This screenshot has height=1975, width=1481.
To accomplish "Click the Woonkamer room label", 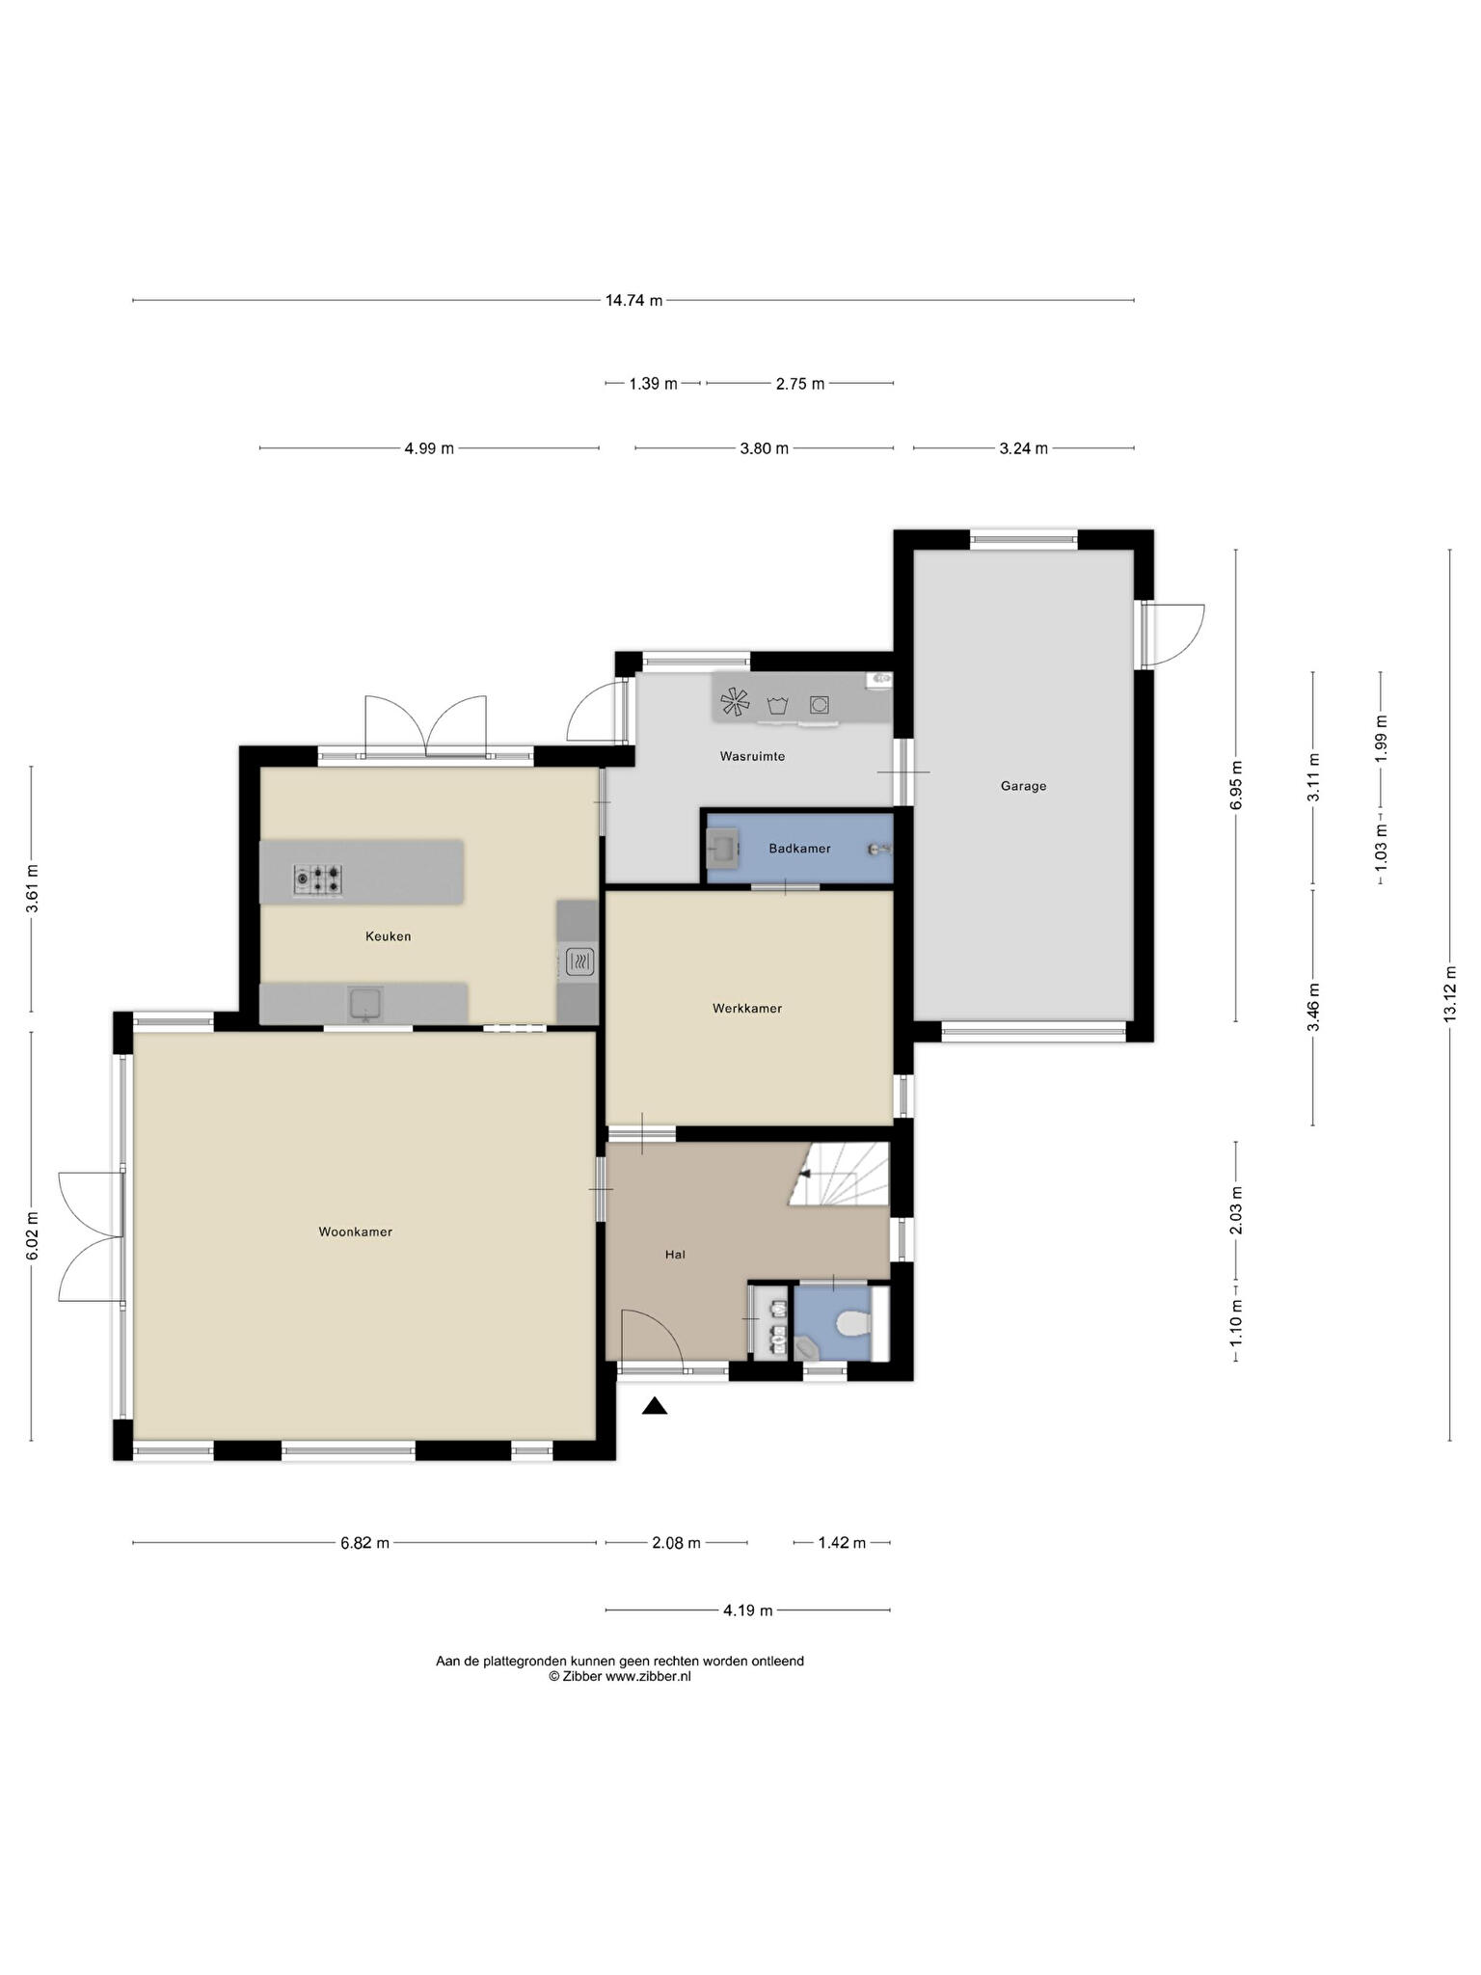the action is tap(356, 1231).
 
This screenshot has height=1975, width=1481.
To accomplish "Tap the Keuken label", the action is tap(389, 935).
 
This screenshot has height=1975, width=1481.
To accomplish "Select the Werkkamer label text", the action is tap(747, 1008).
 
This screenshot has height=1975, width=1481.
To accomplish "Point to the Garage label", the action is tap(1023, 786).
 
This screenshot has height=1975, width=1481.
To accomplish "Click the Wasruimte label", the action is tap(752, 756).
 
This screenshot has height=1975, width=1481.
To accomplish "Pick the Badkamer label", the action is tap(799, 849).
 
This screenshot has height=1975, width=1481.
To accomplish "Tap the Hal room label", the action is tap(675, 1255).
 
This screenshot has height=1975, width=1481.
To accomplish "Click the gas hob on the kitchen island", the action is tap(318, 879).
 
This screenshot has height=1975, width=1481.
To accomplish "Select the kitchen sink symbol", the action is tap(365, 1003).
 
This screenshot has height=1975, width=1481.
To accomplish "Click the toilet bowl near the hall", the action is tap(851, 1324).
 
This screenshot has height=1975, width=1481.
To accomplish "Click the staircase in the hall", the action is tap(839, 1174).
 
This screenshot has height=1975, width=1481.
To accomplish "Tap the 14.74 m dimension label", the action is tap(633, 300).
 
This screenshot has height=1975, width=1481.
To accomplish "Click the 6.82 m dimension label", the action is tap(364, 1543).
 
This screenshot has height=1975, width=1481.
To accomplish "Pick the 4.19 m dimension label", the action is tap(747, 1610).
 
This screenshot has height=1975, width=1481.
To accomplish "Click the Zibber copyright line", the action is tap(620, 1676).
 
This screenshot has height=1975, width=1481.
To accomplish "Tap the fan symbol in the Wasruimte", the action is tap(735, 702).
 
